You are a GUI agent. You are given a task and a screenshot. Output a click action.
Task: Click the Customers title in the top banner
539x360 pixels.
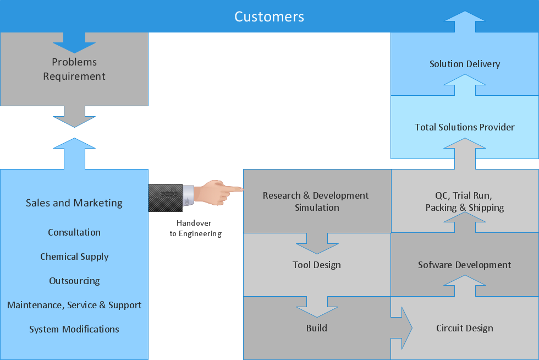tap(269, 17)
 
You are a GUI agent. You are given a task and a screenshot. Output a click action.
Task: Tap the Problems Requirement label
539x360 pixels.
tap(74, 69)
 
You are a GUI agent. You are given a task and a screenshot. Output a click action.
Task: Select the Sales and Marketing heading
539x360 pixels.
tap(74, 203)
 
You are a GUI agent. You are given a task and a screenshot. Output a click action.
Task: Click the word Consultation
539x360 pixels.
tap(74, 232)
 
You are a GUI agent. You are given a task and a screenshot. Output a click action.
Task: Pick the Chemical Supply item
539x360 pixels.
tap(74, 257)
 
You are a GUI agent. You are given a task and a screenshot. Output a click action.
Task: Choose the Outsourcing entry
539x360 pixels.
tap(74, 281)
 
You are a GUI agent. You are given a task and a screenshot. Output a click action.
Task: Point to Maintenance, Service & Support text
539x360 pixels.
tap(74, 305)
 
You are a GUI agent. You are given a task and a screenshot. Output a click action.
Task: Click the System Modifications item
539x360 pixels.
tap(74, 329)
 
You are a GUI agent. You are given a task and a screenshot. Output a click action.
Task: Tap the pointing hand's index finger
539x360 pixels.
tap(234, 189)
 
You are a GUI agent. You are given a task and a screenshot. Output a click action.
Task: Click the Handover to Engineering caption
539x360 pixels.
tap(195, 228)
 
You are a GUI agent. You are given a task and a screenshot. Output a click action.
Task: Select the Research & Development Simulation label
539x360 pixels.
tap(316, 201)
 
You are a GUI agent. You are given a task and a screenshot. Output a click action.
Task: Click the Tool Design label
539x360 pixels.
tap(316, 265)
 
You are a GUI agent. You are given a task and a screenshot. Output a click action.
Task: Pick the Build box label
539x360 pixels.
tap(316, 328)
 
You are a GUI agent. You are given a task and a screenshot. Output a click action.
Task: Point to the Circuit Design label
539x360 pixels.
tap(464, 328)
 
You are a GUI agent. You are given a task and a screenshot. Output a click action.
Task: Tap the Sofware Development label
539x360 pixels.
tap(464, 265)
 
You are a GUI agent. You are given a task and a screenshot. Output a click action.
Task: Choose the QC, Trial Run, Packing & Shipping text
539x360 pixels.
tap(464, 201)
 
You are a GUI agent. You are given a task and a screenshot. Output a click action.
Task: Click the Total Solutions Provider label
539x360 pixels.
tap(464, 127)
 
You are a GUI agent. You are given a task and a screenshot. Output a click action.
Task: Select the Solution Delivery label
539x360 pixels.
tap(464, 64)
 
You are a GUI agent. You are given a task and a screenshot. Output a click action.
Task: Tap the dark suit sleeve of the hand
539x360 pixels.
tap(165, 197)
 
